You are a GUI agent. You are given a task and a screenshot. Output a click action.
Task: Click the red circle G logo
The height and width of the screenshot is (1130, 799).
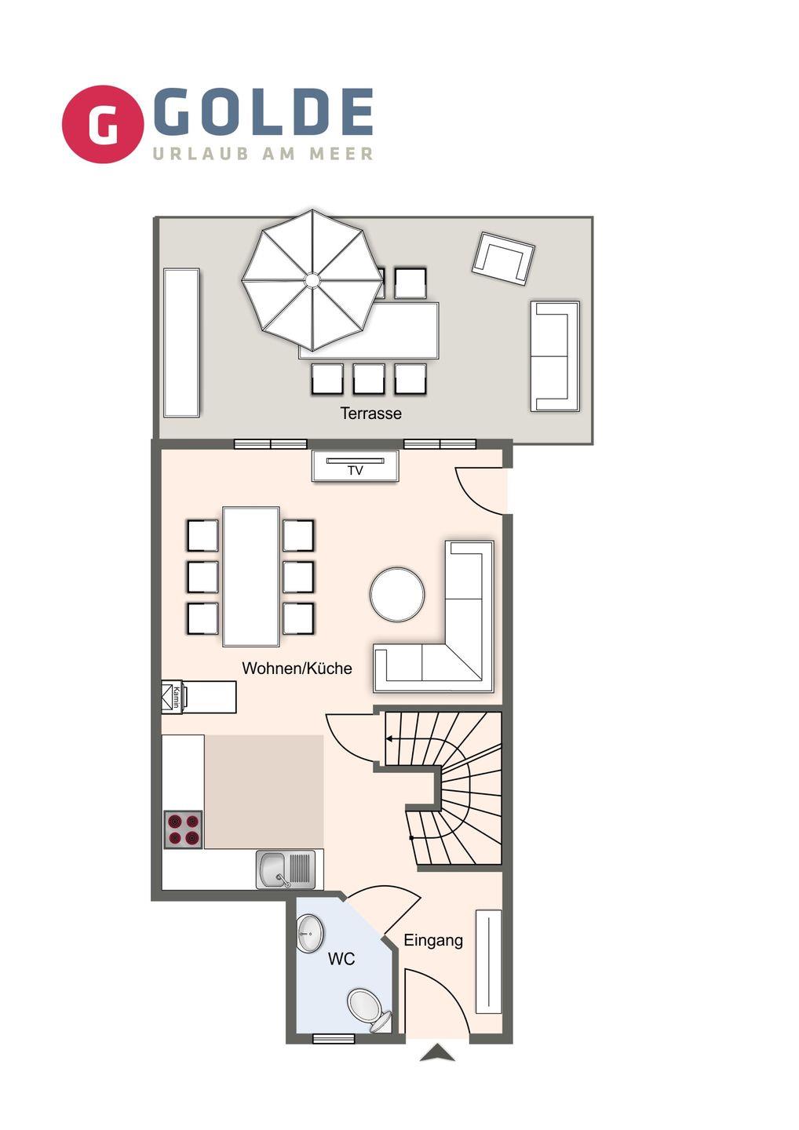103,124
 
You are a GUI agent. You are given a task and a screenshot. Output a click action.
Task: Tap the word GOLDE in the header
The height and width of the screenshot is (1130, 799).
263,113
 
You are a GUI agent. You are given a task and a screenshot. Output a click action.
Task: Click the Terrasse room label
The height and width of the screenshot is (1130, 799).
370,413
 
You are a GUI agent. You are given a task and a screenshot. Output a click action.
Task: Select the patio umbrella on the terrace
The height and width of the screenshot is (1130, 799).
312,280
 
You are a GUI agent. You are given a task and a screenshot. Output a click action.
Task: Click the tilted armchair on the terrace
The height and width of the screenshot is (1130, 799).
503,259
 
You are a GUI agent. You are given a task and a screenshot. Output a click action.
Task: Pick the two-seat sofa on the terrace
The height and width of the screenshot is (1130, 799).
554,356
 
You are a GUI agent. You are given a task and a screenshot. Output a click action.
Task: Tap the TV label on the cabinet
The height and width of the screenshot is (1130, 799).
355,471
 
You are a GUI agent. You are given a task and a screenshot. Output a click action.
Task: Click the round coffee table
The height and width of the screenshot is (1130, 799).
397,594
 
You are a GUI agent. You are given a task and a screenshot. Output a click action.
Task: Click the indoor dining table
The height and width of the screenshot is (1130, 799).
250,576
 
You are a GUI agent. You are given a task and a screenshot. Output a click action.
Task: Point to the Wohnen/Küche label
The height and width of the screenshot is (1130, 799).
297,668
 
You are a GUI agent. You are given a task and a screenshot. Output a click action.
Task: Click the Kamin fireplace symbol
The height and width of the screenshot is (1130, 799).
173,697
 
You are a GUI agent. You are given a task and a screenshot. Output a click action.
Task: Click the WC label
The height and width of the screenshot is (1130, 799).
341,958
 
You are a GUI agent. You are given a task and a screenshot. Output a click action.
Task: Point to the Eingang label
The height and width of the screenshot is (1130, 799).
433,941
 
